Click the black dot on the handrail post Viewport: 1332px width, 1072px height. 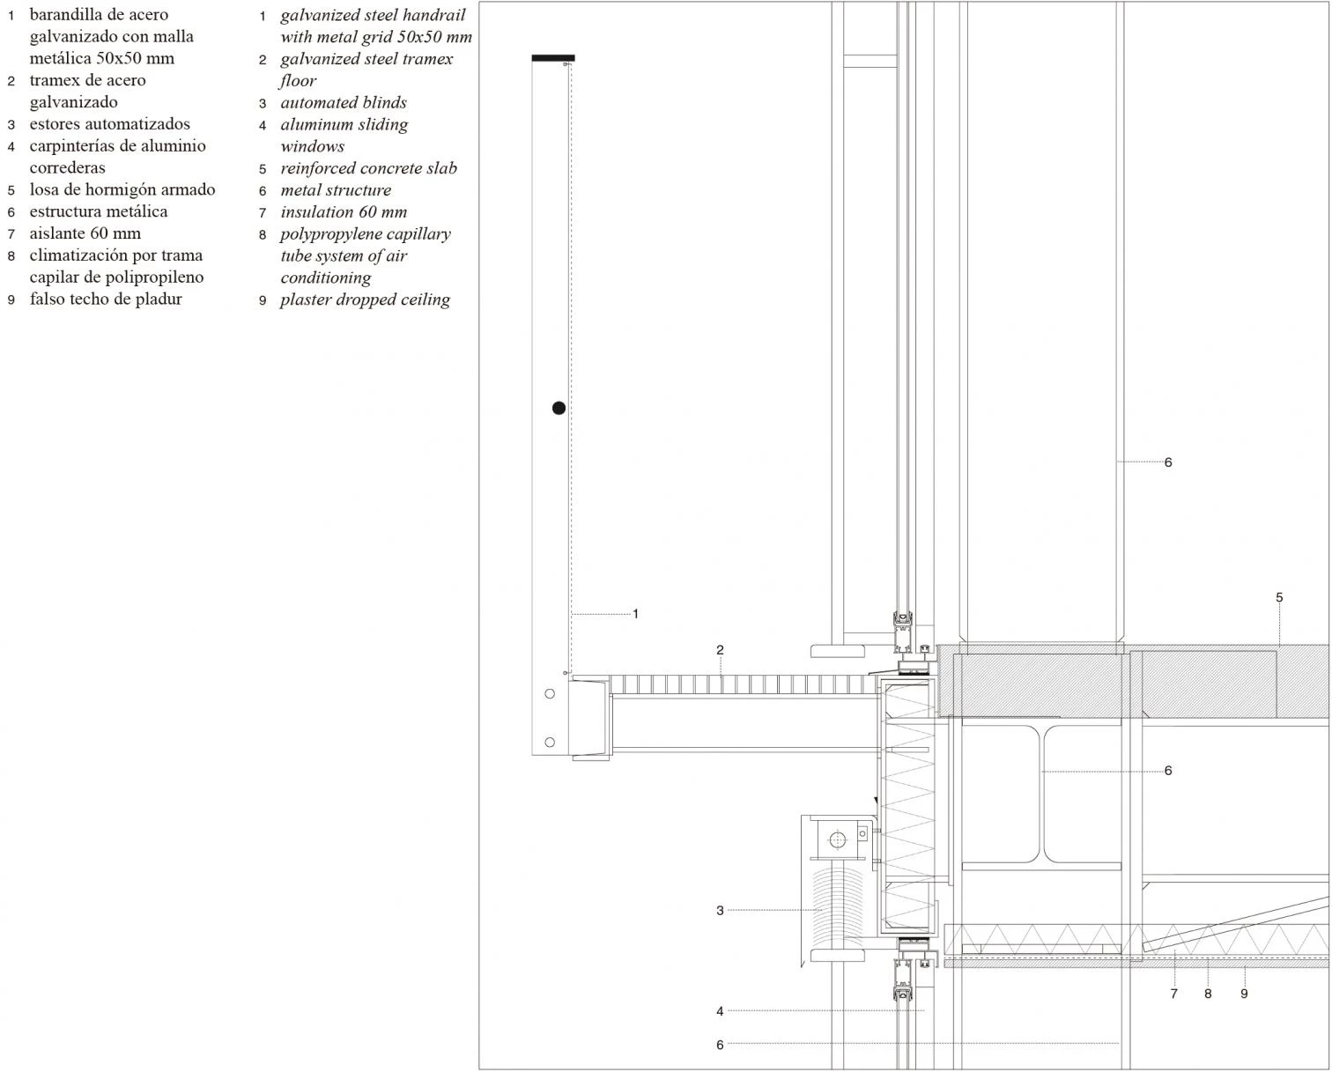click(559, 408)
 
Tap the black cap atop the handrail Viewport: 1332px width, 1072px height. click(553, 58)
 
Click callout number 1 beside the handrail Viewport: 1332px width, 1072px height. click(635, 614)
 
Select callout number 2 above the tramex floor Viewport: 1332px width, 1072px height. click(720, 650)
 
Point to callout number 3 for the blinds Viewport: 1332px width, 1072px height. click(720, 911)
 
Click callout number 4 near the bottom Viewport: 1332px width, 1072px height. click(720, 1011)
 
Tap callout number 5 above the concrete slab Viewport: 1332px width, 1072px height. click(1279, 597)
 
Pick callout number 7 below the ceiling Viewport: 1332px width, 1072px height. click(1173, 994)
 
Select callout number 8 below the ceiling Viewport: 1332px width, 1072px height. click(1208, 994)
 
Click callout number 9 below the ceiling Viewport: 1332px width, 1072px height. click(1244, 994)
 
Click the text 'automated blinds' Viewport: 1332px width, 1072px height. click(343, 103)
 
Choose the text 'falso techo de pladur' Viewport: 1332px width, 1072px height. click(106, 299)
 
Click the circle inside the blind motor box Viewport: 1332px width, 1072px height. click(837, 839)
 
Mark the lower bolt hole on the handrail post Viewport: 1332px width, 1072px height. click(551, 743)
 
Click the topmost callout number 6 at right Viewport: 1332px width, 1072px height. click(1168, 462)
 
